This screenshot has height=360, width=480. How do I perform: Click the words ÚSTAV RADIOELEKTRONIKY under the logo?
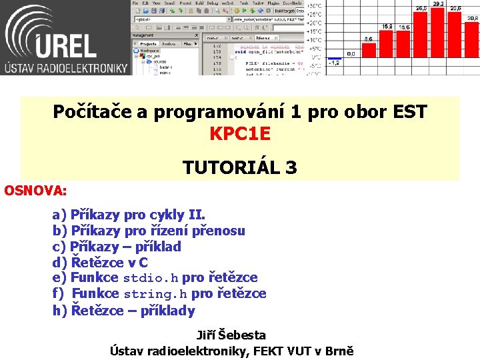point(65,67)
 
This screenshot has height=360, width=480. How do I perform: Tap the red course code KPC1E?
point(240,134)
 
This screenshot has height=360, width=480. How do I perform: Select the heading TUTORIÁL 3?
point(240,167)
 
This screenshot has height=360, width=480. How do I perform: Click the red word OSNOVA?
point(35,191)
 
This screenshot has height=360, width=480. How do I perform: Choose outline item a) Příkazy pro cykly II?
point(129,215)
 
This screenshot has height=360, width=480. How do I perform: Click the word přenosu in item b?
point(218,231)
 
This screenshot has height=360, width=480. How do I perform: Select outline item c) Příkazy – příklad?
point(117,247)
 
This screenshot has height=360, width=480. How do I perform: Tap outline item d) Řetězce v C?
point(100,263)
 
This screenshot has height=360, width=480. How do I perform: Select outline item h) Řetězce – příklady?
point(124,311)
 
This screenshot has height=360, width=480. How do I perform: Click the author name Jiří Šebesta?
point(231,335)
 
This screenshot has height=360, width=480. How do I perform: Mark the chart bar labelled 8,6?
point(368,50)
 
